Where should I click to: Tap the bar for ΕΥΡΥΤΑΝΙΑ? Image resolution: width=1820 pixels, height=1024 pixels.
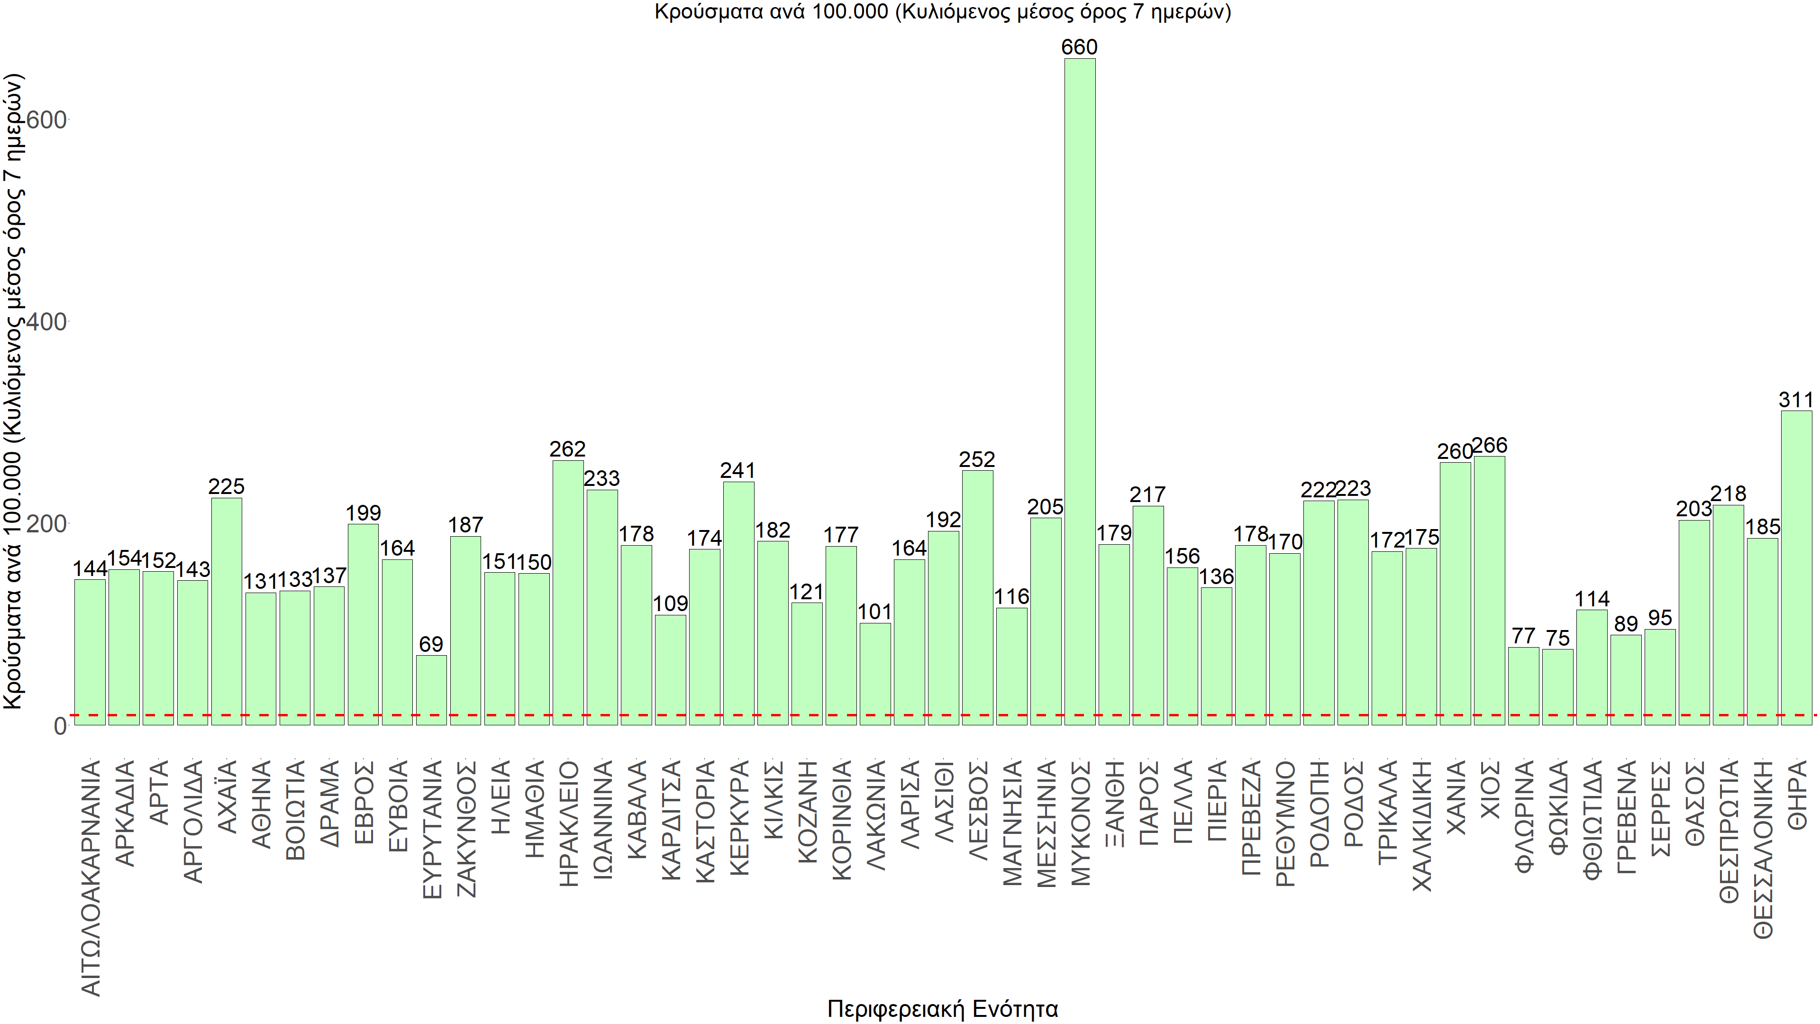tap(431, 690)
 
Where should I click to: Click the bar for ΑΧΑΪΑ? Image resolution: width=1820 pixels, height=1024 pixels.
tap(226, 611)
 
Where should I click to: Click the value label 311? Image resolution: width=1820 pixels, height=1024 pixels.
tap(1795, 400)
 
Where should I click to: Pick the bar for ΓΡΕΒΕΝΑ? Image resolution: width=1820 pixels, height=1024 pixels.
tap(1626, 680)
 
